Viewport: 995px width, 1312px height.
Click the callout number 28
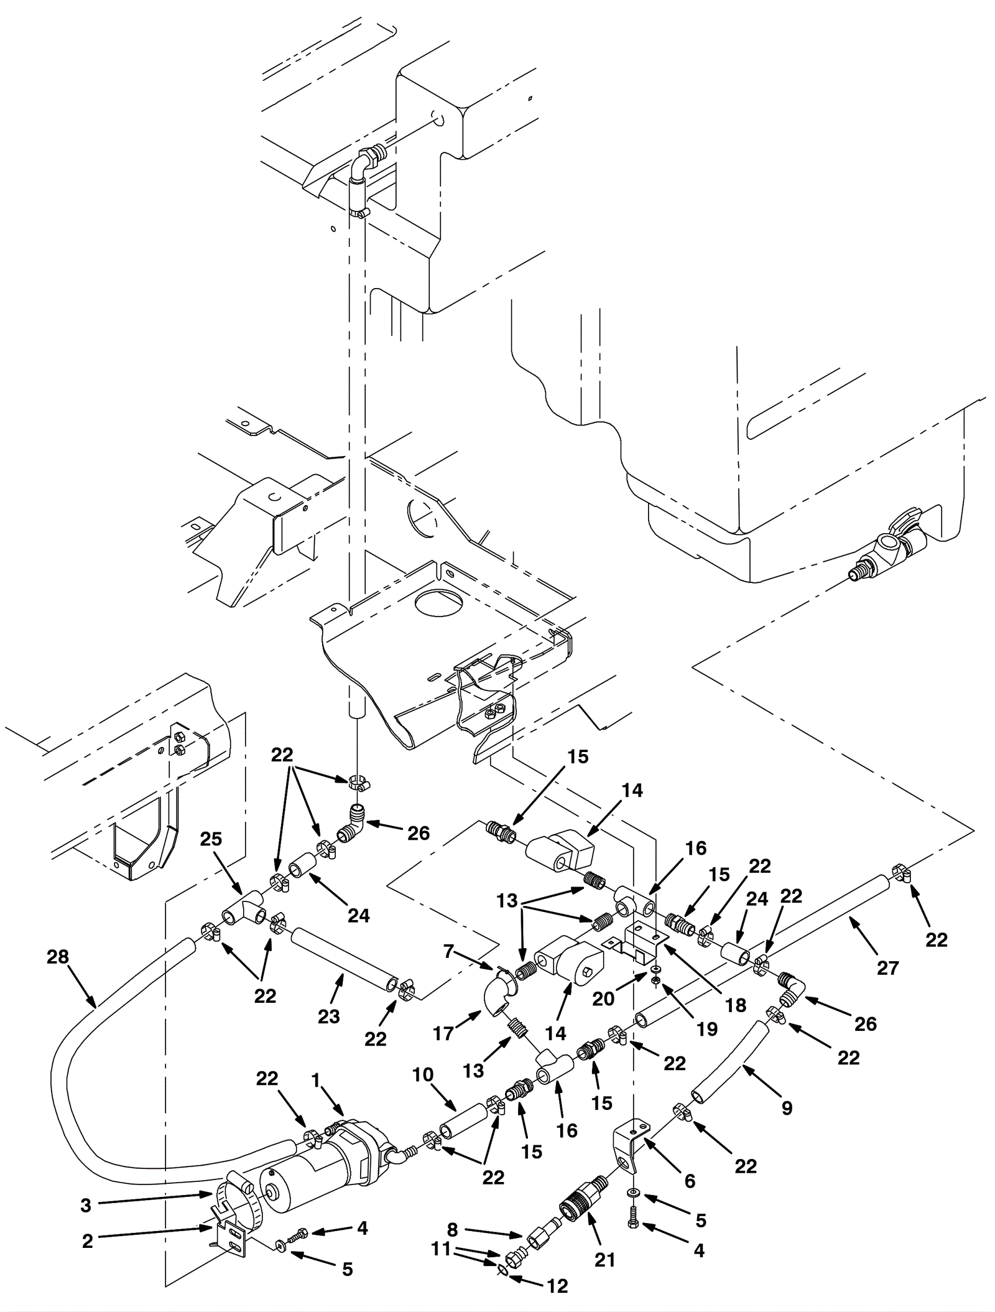click(x=58, y=957)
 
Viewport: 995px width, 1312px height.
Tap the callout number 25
click(x=211, y=839)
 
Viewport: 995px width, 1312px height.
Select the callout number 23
click(x=329, y=1016)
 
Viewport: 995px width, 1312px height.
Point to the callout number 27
click(x=887, y=968)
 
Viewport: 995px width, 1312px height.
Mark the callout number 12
click(x=558, y=1286)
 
